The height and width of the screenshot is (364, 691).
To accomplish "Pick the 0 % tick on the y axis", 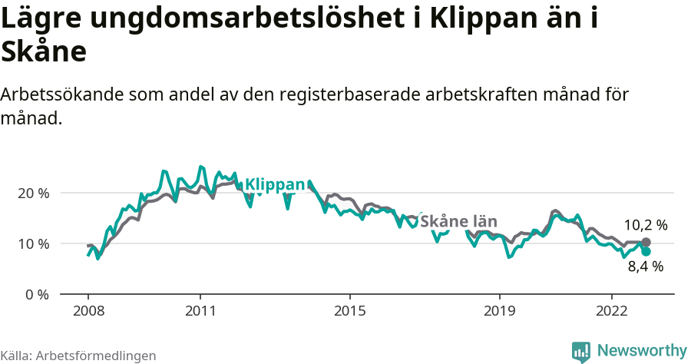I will (38, 294).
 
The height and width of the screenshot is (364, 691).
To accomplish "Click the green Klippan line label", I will (275, 184).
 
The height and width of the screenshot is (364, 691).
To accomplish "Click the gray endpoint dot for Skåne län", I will (646, 242).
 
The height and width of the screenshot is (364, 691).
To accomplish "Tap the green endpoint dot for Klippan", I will (646, 251).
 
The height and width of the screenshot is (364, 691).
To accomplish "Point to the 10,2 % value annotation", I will (645, 225).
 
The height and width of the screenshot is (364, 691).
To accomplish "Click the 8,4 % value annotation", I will (645, 267).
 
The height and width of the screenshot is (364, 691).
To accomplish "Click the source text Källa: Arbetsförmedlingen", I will (78, 356).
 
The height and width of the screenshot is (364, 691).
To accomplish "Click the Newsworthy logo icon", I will (581, 351).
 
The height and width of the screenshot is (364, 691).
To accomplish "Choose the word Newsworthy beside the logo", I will (641, 351).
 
